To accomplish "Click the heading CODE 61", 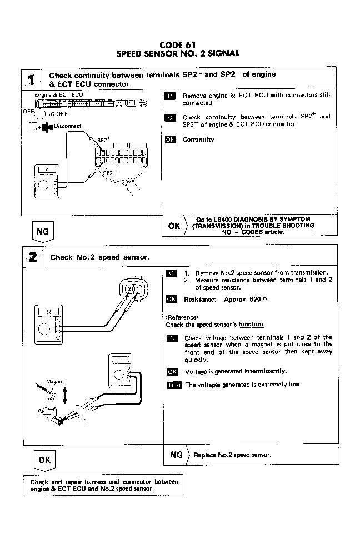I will (x=178, y=45).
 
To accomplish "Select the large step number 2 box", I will (x=33, y=256).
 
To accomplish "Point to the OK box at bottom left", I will (x=44, y=460).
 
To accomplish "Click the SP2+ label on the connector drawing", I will (x=104, y=140).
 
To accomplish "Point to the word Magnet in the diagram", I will (x=55, y=382).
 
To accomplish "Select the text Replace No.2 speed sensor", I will (x=232, y=455).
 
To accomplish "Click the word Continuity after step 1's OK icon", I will (x=198, y=140).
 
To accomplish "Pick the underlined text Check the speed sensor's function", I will (x=214, y=325).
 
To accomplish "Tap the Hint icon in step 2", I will (x=174, y=385).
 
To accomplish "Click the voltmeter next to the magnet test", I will (x=119, y=370).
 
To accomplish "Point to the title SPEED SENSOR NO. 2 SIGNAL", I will (x=178, y=54).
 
